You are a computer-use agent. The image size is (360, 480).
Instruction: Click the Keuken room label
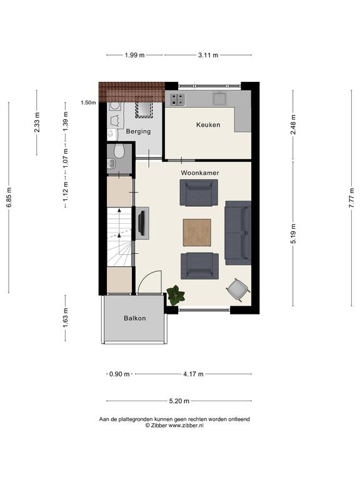[208, 124]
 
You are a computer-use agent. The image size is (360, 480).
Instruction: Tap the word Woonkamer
[200, 172]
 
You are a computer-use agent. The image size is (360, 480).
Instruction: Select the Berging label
[138, 131]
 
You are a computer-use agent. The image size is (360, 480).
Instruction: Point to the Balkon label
[135, 318]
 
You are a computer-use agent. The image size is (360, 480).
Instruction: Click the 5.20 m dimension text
[179, 401]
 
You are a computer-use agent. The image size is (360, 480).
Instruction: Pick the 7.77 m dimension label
[351, 197]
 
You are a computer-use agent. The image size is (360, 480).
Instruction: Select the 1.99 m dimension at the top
[135, 55]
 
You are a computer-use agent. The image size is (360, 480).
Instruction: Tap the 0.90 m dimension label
[119, 374]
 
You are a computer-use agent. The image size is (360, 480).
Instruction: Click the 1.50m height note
[88, 102]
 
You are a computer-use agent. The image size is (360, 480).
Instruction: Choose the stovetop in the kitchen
[177, 99]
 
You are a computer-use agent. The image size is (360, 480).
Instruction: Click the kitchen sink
[220, 98]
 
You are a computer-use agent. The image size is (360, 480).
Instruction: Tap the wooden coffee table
[197, 232]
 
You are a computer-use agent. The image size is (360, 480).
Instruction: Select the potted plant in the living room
[176, 295]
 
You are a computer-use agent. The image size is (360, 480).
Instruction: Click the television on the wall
[141, 223]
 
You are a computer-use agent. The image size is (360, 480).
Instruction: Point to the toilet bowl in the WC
[119, 151]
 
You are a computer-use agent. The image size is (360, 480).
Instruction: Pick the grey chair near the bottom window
[238, 289]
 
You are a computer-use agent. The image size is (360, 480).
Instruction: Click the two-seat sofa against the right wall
[238, 232]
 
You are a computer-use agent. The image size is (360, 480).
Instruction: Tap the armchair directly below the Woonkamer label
[199, 192]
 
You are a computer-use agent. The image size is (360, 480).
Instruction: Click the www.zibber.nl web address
[186, 425]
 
